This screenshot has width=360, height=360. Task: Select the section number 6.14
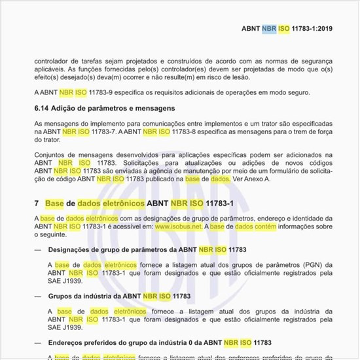tap(43, 107)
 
